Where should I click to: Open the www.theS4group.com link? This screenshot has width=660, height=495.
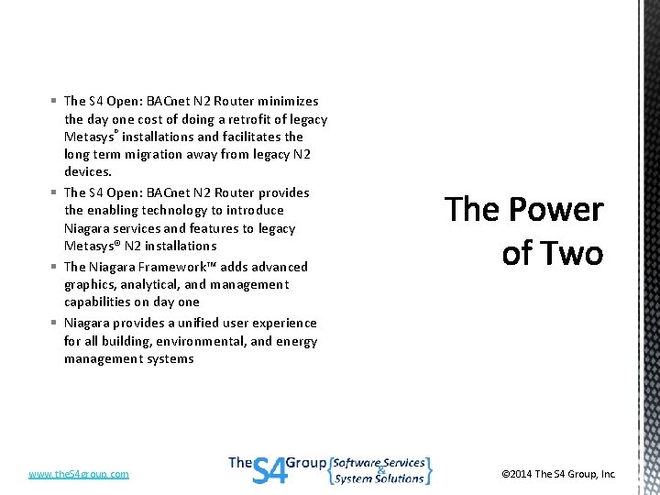tap(79, 474)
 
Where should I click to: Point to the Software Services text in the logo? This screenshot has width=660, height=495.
tap(379, 463)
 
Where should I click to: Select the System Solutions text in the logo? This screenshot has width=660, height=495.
tap(379, 478)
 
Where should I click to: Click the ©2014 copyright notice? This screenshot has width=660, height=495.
tap(558, 474)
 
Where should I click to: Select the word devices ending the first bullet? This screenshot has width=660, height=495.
tap(88, 171)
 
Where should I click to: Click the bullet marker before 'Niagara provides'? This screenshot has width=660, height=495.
tap(55, 323)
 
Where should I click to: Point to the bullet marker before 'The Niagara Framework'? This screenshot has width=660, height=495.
tap(55, 267)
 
